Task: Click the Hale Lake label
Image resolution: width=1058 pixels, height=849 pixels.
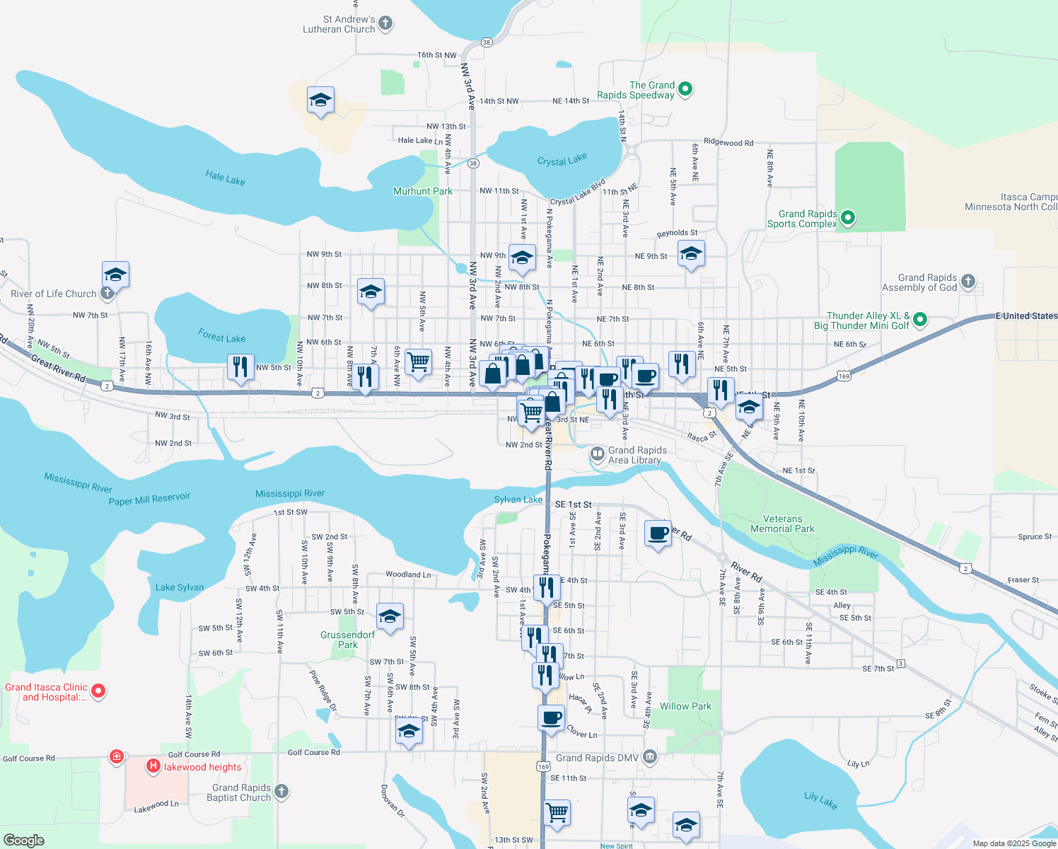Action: (x=225, y=178)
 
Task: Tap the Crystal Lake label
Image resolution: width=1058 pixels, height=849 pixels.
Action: (x=562, y=160)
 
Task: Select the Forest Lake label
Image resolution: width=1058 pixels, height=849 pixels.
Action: (x=221, y=337)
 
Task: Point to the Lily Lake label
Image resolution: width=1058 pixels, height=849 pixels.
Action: (x=820, y=800)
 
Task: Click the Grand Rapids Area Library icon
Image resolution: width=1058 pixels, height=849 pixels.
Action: (x=598, y=453)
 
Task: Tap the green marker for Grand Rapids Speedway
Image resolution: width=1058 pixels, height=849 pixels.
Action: (x=685, y=89)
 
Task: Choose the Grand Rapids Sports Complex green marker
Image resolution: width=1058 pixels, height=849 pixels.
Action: (x=849, y=218)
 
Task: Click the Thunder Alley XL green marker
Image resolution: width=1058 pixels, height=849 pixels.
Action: (x=920, y=320)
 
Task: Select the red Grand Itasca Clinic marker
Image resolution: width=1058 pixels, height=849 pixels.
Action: (x=98, y=691)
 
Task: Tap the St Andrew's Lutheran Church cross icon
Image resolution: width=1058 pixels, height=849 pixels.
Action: (x=385, y=23)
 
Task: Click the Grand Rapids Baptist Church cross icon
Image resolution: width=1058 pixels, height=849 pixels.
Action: (x=281, y=791)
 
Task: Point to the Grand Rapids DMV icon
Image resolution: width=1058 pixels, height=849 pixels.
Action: (x=650, y=758)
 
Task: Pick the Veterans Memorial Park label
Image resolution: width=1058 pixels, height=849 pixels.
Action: (x=782, y=524)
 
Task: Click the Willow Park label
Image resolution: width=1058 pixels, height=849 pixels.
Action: (x=685, y=706)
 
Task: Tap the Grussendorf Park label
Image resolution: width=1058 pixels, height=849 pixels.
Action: (x=347, y=640)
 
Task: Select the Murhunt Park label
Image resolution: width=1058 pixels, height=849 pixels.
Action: (x=423, y=191)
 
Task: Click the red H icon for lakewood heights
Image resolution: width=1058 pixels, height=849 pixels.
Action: (x=153, y=766)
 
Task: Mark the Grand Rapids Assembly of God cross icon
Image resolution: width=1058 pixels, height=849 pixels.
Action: (x=968, y=282)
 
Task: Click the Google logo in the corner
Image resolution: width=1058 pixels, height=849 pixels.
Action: (x=24, y=840)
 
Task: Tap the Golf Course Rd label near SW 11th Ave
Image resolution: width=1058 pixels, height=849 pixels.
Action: (x=313, y=752)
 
